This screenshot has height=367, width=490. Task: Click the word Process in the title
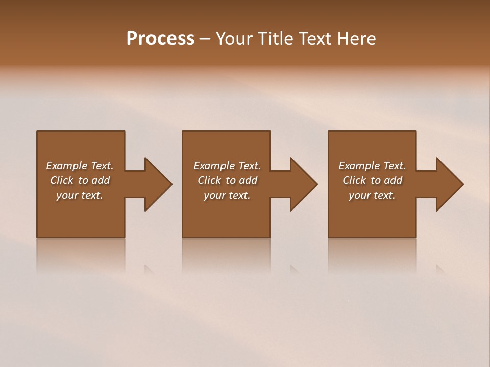pos(160,39)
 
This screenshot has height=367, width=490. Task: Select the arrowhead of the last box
pos(449,184)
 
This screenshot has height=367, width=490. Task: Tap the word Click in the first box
pos(62,180)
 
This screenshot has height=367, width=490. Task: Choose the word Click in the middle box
pos(209,180)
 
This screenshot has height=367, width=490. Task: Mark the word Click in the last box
pos(354,180)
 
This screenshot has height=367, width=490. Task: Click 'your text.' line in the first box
pos(80,195)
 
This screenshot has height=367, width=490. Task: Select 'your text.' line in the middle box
pos(227,195)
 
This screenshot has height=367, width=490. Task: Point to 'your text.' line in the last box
pos(372,195)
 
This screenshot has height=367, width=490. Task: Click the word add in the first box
pos(101,180)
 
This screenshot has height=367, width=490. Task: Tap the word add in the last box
pos(393,180)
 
